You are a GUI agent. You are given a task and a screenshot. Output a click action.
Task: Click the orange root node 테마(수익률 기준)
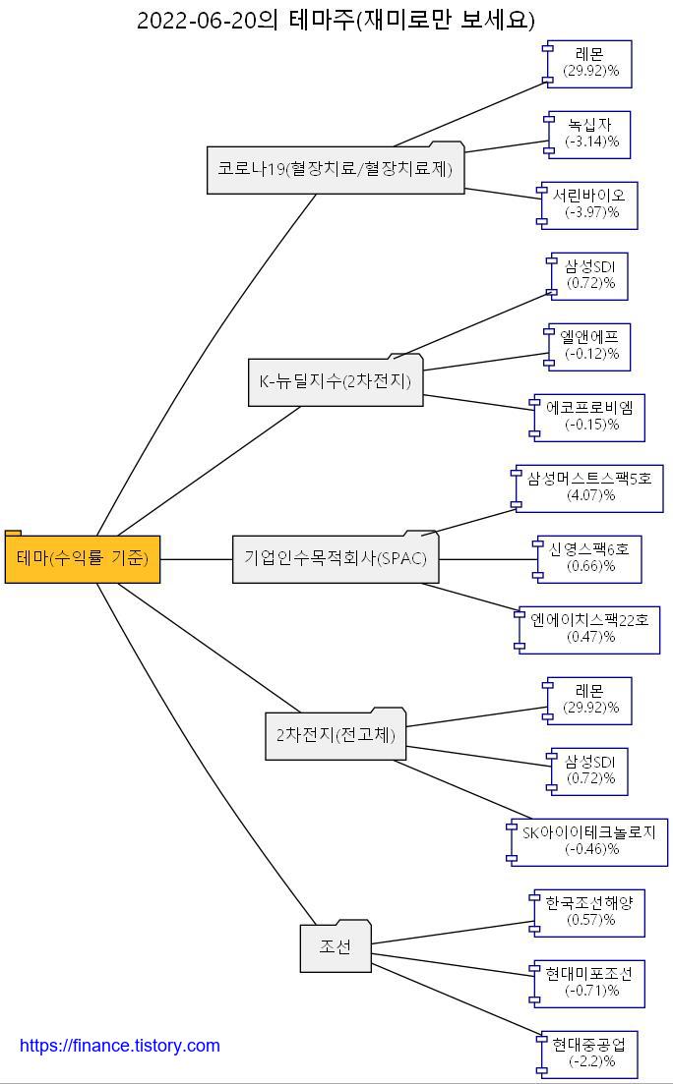(x=83, y=558)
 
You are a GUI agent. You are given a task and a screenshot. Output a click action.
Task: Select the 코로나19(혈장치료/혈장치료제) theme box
(x=335, y=169)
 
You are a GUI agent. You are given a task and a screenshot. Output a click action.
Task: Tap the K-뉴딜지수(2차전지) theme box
(x=335, y=381)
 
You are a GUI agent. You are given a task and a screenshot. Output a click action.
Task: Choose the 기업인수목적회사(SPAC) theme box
(x=335, y=558)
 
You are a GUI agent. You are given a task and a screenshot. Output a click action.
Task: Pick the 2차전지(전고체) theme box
(x=335, y=735)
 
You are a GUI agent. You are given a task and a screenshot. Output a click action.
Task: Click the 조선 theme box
(x=335, y=947)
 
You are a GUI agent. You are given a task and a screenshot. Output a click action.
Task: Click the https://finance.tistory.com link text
(x=120, y=1046)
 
